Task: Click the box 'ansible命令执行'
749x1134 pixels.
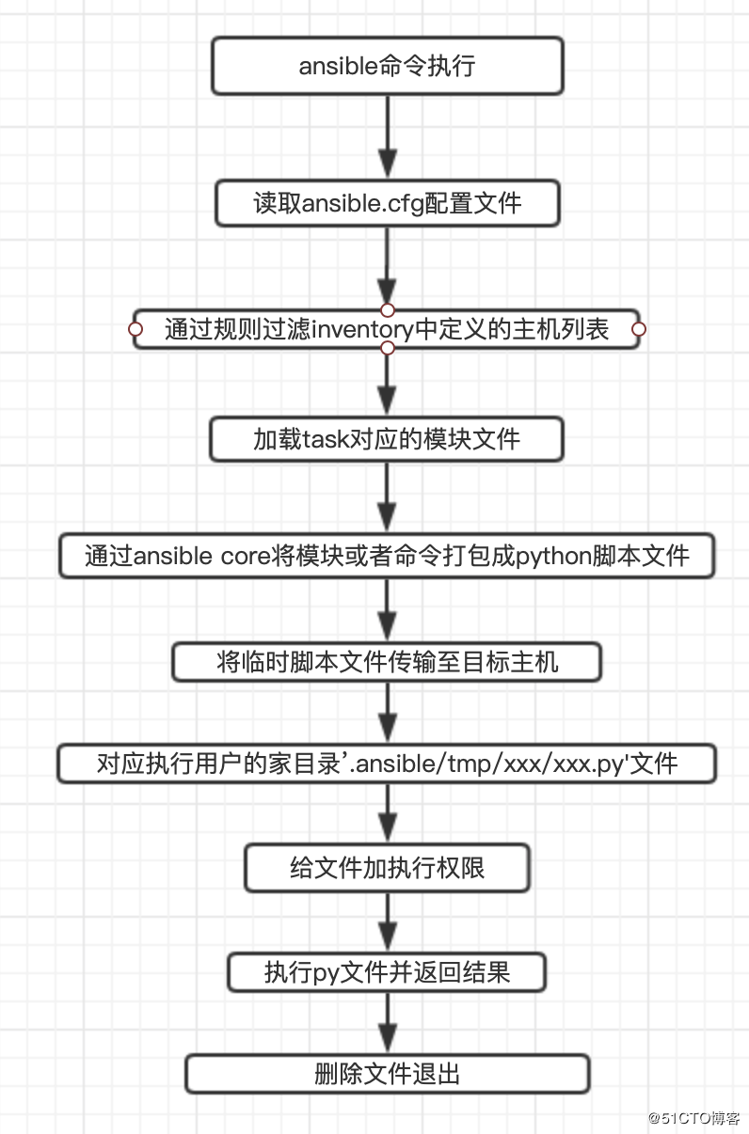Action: pyautogui.click(x=387, y=66)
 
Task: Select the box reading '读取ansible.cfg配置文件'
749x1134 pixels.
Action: pyautogui.click(x=387, y=204)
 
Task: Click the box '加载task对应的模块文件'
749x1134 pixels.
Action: pyautogui.click(x=387, y=439)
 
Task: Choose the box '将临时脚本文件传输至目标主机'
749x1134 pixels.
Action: pyautogui.click(x=387, y=662)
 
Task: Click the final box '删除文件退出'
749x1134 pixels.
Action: pyautogui.click(x=387, y=1074)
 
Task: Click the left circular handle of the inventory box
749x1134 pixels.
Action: pyautogui.click(x=135, y=329)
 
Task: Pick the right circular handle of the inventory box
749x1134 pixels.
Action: pyautogui.click(x=639, y=329)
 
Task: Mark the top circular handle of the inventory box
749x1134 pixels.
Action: pyautogui.click(x=387, y=309)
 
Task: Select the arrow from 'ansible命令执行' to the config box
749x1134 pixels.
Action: pyautogui.click(x=387, y=136)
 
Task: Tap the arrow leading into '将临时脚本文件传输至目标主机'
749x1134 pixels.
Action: pyautogui.click(x=387, y=611)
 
